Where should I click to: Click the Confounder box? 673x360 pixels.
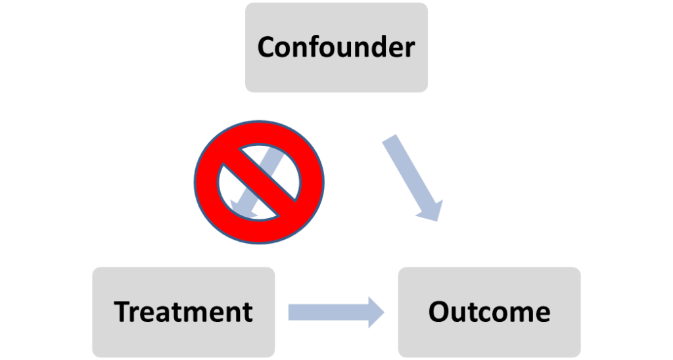(336, 47)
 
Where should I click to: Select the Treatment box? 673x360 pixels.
(183, 311)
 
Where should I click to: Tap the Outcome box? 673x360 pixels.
(489, 311)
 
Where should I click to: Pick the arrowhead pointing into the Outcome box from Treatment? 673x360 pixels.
(376, 311)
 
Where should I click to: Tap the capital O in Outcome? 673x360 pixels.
(438, 312)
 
